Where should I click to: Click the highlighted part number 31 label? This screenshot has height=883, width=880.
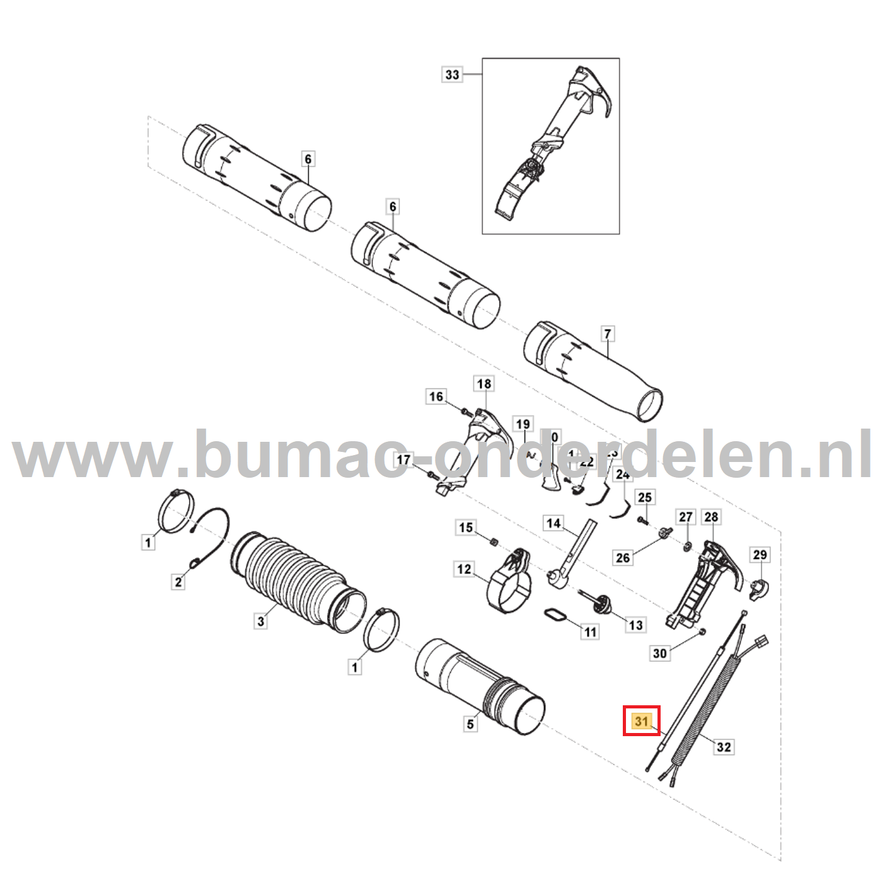tap(642, 721)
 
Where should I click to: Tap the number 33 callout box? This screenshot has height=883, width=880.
tap(452, 74)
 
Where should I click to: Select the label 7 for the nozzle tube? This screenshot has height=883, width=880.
tap(607, 334)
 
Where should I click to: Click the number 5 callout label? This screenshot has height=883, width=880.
tap(470, 724)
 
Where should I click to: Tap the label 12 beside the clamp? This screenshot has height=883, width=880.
tap(464, 570)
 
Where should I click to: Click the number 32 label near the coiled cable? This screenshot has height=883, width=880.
tap(724, 747)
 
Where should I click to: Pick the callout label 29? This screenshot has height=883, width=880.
tap(760, 555)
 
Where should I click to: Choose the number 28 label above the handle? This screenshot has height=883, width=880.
tap(711, 517)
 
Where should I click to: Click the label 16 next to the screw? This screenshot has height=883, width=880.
tap(436, 396)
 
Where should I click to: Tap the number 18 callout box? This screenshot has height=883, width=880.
tap(483, 384)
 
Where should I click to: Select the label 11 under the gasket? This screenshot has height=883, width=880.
tap(590, 632)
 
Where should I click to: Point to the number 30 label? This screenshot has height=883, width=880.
tap(659, 653)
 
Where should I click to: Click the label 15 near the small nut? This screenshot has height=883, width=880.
tap(465, 528)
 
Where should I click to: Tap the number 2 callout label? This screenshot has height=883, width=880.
tap(178, 582)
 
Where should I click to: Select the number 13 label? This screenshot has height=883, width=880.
tap(635, 625)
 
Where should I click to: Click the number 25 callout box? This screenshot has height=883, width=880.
tap(644, 497)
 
